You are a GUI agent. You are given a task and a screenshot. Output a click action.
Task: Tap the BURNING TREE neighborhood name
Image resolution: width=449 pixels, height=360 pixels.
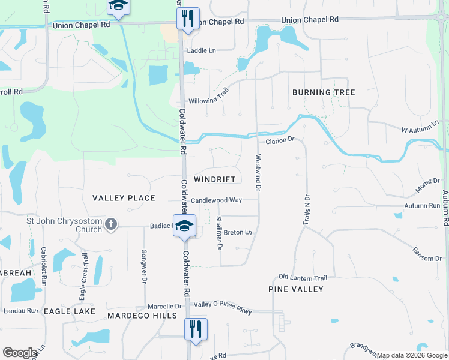[324, 92]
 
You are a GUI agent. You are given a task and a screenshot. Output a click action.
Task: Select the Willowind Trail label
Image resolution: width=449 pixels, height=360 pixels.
[209, 100]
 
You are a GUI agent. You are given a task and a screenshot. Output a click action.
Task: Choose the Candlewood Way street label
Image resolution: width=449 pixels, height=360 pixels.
[216, 200]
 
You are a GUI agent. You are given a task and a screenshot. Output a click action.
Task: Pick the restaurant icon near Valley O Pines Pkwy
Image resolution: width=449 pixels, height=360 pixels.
[196, 329]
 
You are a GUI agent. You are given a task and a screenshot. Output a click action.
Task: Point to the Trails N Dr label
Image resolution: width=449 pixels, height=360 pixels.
[306, 210]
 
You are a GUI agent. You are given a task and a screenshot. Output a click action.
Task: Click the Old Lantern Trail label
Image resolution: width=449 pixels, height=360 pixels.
[303, 278]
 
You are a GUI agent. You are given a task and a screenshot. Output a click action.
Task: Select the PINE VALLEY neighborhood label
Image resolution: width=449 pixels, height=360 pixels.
[295, 289]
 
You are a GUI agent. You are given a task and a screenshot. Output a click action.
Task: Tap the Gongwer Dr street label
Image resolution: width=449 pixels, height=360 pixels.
[144, 266]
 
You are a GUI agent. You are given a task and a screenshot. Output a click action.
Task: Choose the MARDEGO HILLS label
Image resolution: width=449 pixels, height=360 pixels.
[136, 315]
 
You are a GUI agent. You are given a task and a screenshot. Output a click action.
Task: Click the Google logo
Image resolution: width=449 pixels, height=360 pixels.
[20, 353]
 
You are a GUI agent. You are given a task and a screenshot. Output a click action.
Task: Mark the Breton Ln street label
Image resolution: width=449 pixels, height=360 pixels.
[238, 232]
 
